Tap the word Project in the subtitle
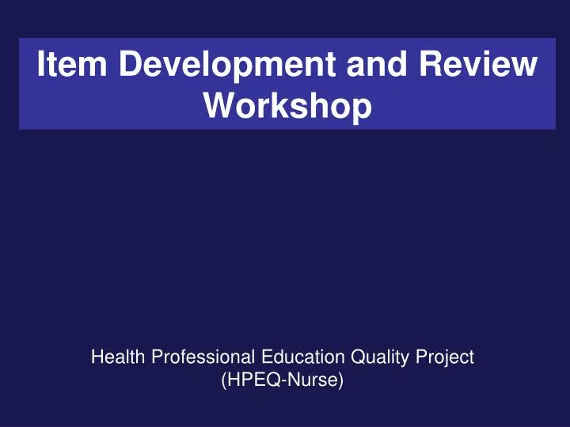click(446, 358)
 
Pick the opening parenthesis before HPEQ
click(224, 382)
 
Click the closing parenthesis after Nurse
click(342, 382)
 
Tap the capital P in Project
click(424, 357)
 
